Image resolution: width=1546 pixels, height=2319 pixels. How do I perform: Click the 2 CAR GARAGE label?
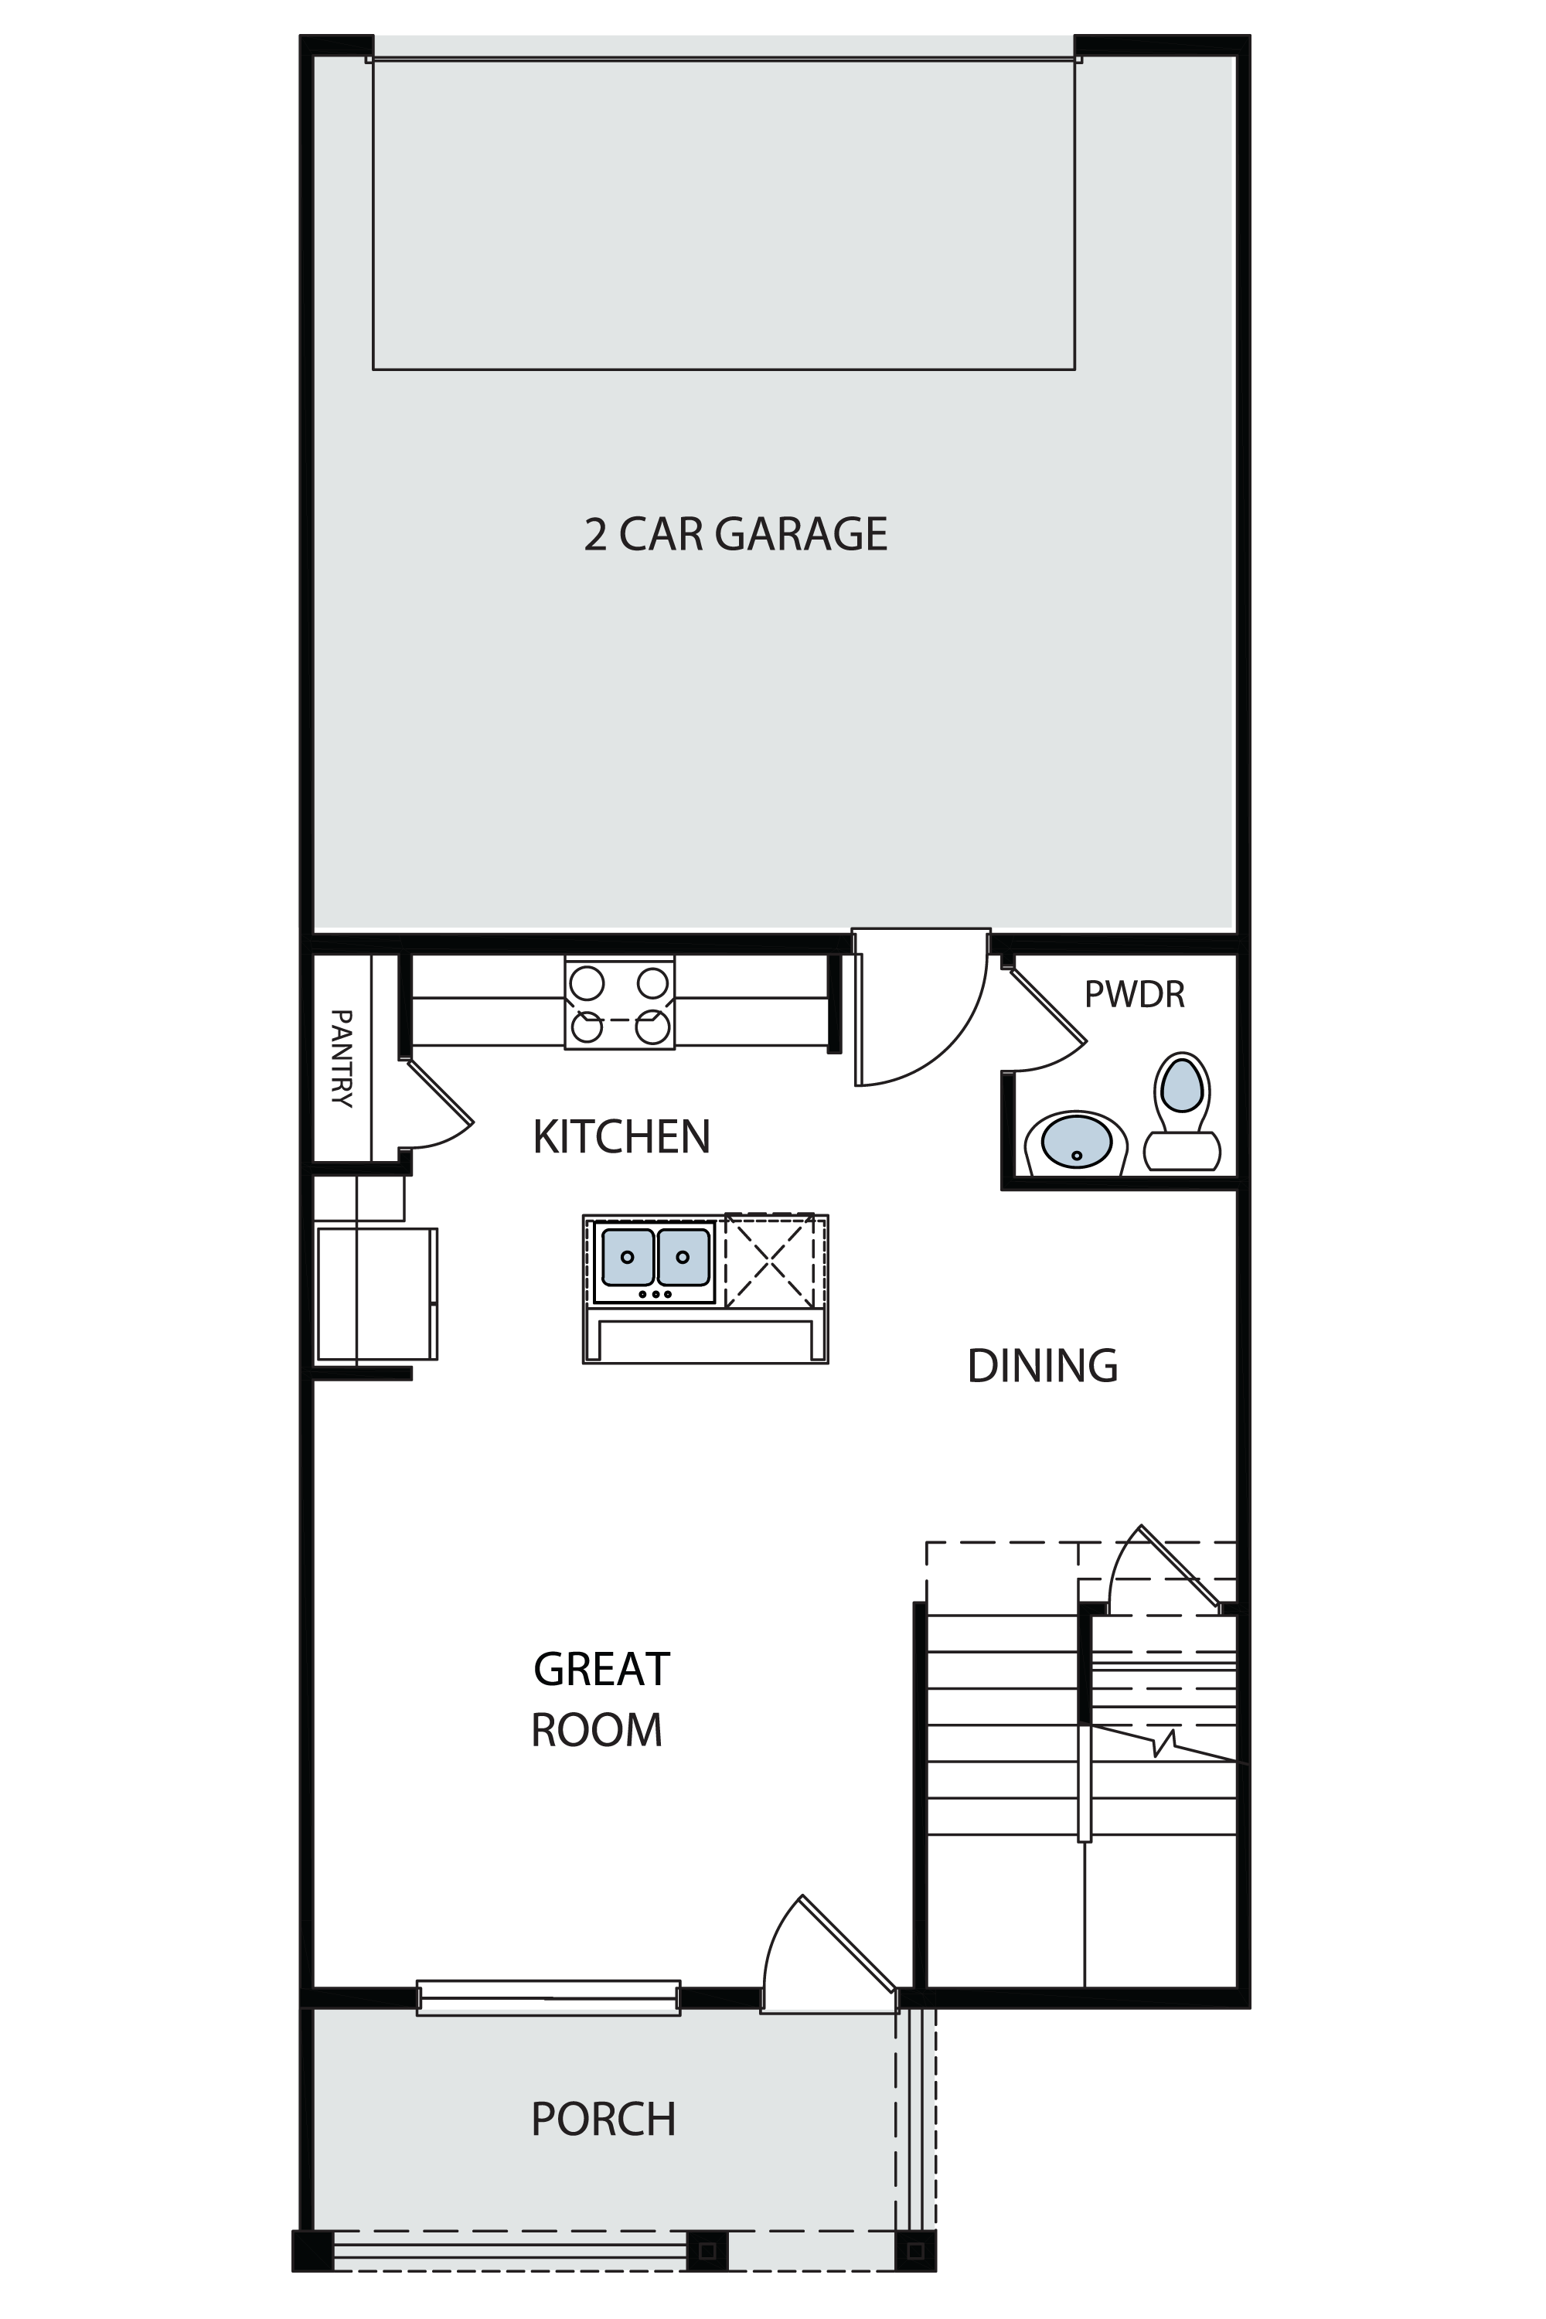click(736, 534)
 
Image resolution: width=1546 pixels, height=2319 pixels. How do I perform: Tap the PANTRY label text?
click(341, 1058)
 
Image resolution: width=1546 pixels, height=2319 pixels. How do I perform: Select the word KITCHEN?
click(621, 1137)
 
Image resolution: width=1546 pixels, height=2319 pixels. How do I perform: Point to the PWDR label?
click(1134, 995)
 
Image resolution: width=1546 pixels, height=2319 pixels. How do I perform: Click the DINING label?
click(1042, 1366)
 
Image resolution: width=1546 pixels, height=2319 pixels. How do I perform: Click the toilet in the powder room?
click(1182, 1112)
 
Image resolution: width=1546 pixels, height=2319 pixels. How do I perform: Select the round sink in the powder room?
click(1076, 1142)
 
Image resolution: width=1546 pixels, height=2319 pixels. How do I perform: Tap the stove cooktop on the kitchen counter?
click(619, 1003)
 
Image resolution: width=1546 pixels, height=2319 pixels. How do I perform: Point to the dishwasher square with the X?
click(770, 1260)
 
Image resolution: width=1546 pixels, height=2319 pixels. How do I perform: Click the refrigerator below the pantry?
click(376, 1293)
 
